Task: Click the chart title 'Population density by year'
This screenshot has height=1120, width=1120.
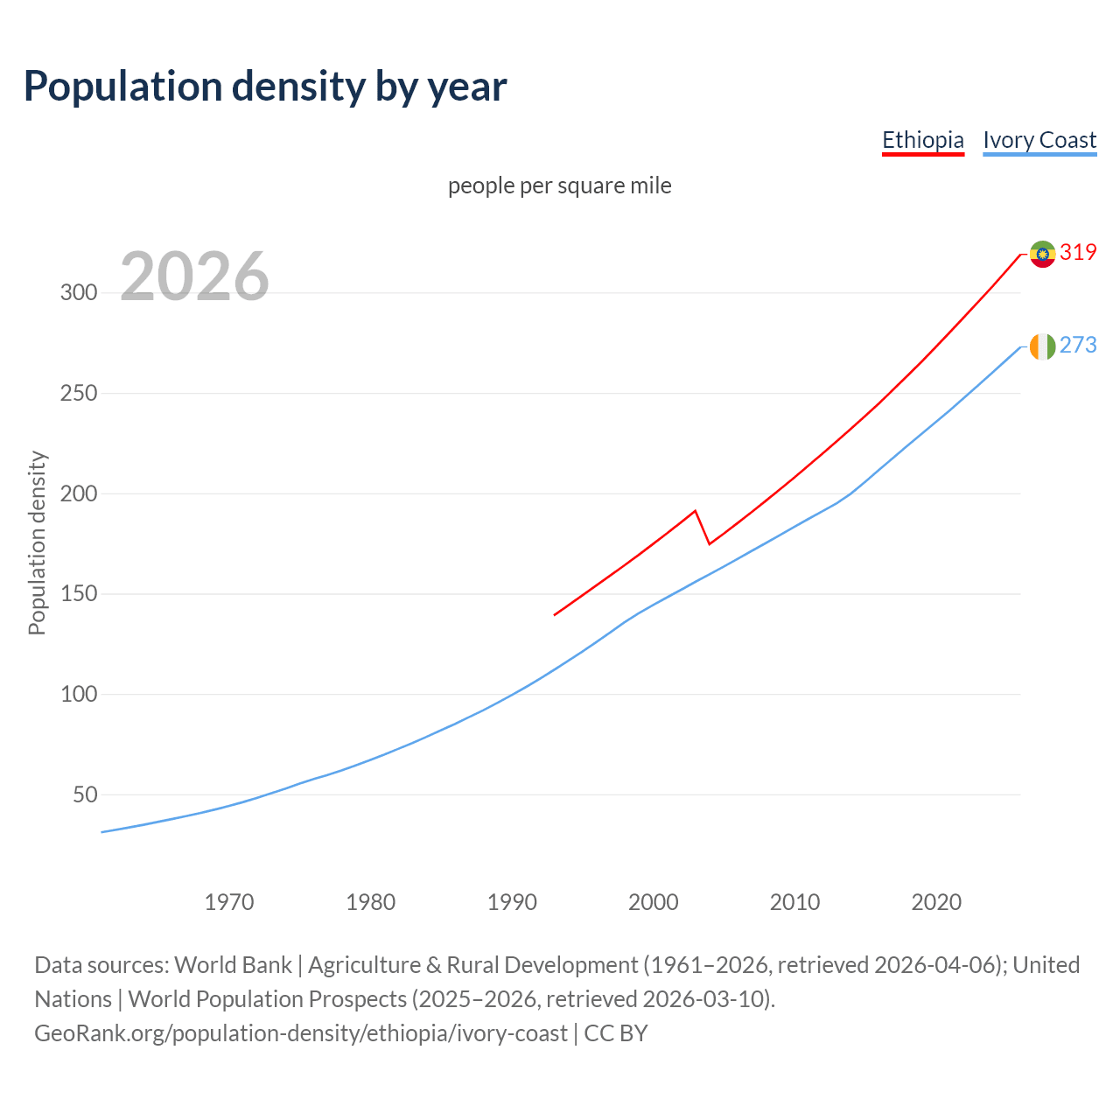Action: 265,87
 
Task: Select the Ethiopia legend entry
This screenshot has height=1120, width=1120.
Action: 922,140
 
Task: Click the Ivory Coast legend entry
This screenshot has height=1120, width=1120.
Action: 1039,140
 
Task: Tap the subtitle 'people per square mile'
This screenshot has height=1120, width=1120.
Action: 559,185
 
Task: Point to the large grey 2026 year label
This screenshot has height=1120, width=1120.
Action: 194,276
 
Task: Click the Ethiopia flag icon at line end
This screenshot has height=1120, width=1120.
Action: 1042,254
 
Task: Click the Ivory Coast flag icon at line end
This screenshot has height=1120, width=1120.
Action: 1042,346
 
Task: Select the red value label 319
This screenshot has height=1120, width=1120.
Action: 1078,252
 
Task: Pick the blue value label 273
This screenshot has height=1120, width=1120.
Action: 1078,345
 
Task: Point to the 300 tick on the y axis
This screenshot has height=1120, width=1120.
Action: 79,292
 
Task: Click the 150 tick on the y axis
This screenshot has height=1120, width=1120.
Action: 79,594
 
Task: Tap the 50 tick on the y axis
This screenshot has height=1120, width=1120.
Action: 85,794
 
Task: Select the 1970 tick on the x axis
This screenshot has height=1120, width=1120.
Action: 229,901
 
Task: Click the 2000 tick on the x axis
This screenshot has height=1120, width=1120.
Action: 653,901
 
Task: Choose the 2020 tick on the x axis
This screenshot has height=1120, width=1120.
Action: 936,901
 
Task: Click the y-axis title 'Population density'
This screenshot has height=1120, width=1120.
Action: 37,542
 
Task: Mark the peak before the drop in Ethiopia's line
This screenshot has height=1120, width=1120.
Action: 695,511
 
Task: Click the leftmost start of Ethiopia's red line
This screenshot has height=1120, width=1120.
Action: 555,614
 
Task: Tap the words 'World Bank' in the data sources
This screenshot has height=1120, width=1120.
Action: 233,965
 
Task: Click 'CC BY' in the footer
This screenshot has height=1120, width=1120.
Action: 616,1033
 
